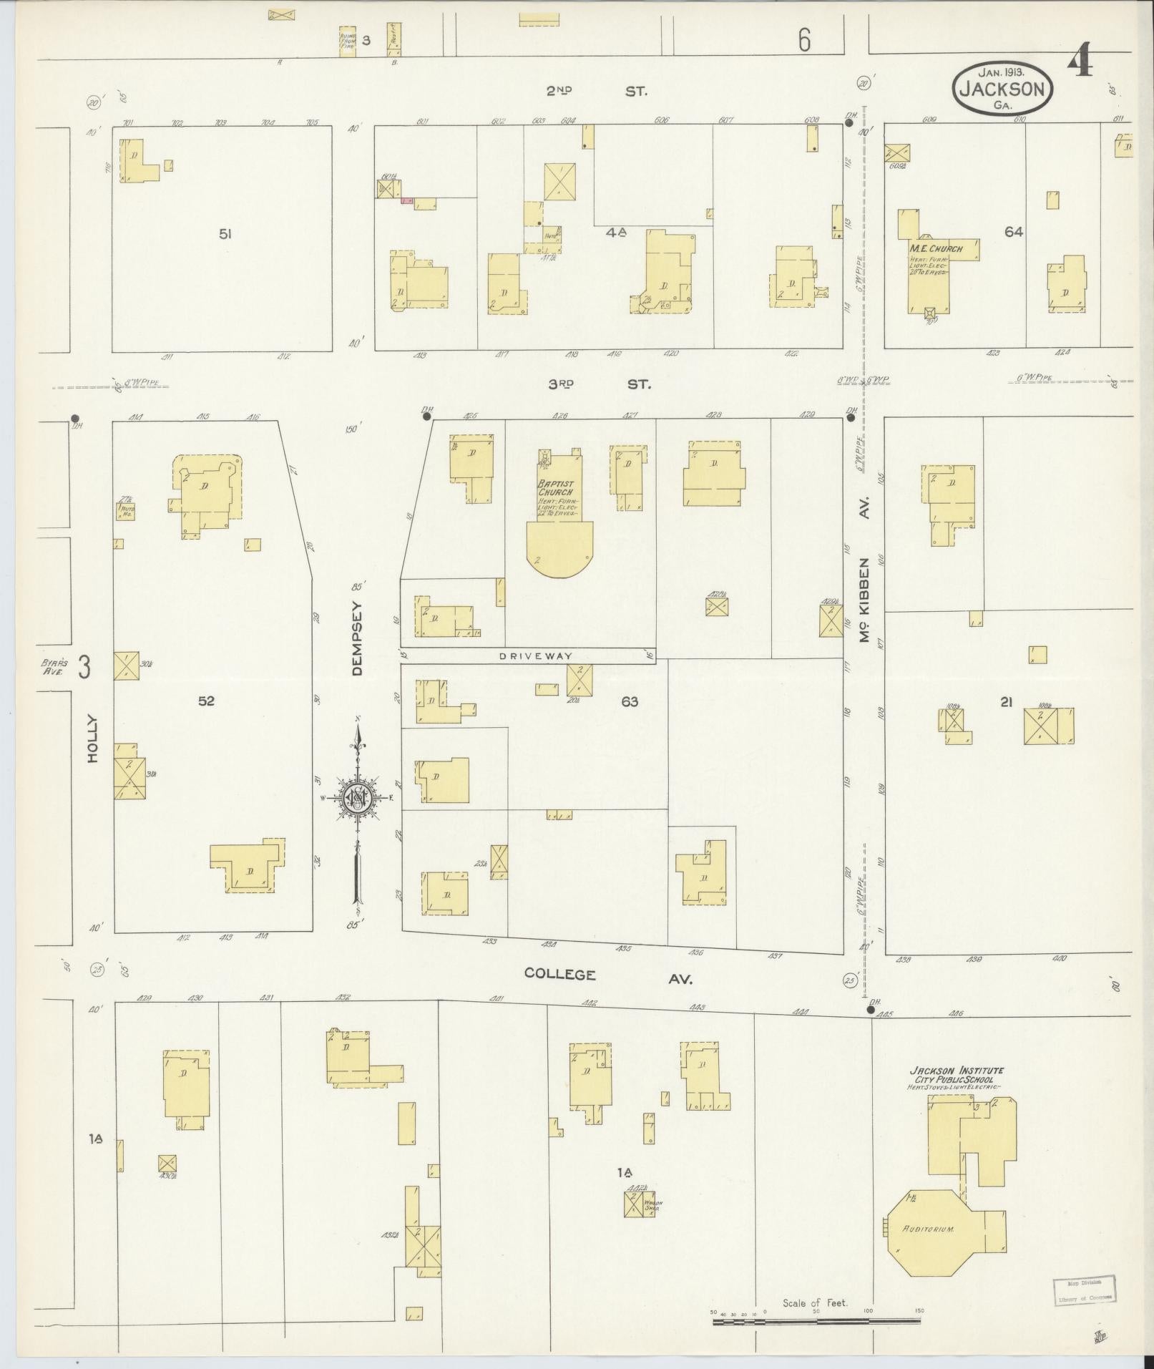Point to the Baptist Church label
(557, 488)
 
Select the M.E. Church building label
(936, 248)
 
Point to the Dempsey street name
(358, 638)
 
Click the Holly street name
(92, 739)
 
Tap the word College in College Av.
(559, 974)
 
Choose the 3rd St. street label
(599, 384)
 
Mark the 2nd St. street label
(596, 91)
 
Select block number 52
(206, 701)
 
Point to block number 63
(630, 702)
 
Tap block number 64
(1013, 232)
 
